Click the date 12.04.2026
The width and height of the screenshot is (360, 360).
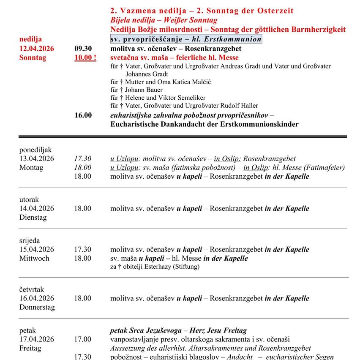click(37, 49)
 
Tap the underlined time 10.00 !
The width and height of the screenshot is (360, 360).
click(85, 58)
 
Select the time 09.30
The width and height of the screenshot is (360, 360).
click(83, 49)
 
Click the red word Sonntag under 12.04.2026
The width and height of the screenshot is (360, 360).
click(33, 58)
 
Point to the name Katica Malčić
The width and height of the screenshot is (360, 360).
click(186, 82)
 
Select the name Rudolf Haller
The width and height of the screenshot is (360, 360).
click(238, 106)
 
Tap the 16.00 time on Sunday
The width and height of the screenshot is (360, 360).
click(83, 115)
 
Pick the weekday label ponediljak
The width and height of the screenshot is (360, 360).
click(35, 150)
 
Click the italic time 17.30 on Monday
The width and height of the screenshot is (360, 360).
click(83, 158)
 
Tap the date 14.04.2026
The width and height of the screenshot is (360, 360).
click(37, 208)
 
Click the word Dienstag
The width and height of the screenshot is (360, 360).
click(33, 217)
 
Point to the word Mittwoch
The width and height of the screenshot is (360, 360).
click(34, 258)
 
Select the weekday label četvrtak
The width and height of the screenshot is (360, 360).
click(32, 289)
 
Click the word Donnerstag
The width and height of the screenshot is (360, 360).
click(37, 307)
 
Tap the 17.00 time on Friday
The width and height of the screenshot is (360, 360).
click(83, 339)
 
